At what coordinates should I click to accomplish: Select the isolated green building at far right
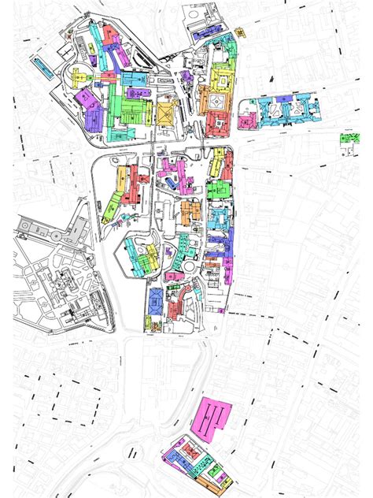[347, 139]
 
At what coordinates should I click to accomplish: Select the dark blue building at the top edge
[198, 34]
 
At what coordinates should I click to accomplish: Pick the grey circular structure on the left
[23, 228]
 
